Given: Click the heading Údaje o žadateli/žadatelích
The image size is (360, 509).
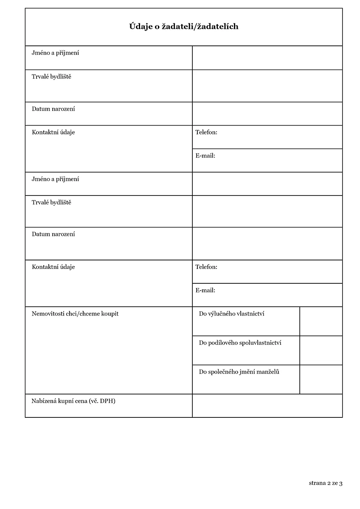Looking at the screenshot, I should tap(183, 27).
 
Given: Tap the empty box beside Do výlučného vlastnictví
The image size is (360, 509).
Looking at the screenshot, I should tap(321, 322).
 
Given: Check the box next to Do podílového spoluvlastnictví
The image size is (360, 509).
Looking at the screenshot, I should tap(321, 350).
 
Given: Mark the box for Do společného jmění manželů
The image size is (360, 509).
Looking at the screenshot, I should tap(321, 379).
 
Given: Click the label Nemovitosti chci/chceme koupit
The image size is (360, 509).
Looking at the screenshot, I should tap(75, 314).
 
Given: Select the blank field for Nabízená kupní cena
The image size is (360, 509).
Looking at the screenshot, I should tap(267, 406).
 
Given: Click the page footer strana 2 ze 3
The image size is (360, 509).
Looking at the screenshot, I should tap(325, 483).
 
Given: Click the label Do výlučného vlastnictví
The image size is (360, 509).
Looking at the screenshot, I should tap(232, 314).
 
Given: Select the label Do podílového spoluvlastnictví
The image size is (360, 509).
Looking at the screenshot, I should tap(240, 343).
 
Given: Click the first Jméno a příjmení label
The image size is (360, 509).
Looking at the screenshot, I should tap(55, 53).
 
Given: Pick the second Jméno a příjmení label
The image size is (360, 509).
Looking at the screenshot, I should tap(55, 179).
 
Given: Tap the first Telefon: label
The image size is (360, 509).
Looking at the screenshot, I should tap(206, 132).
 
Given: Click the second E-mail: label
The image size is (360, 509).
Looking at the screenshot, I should tap(205, 291).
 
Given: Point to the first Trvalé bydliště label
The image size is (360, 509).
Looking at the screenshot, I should tap(51, 77).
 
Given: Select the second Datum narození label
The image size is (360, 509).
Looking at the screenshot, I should tap(53, 234).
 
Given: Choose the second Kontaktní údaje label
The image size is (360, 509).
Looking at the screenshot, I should tap(53, 267).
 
